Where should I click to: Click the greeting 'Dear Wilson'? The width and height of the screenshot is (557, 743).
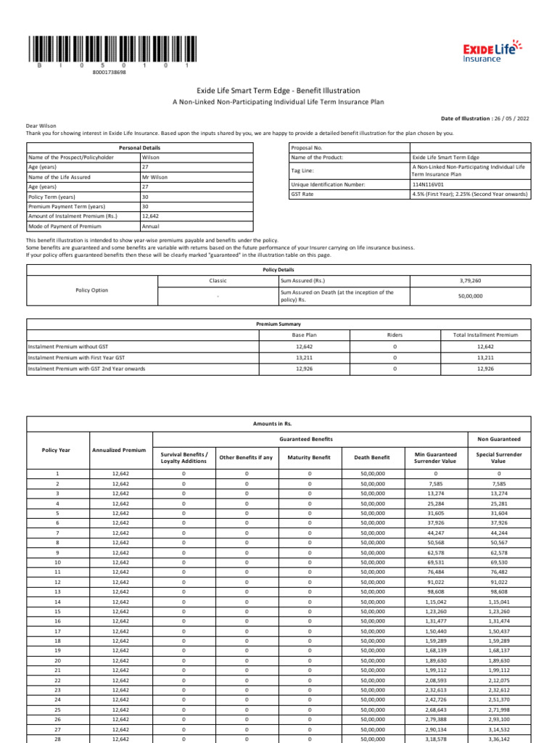pyautogui.click(x=41, y=126)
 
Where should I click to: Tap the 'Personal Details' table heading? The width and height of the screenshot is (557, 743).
pyautogui.click(x=140, y=147)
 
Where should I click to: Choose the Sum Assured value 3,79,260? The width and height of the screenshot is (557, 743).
pyautogui.click(x=471, y=279)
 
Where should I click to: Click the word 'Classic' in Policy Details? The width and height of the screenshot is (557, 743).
pyautogui.click(x=218, y=279)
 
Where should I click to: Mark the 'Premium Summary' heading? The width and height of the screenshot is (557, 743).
pyautogui.click(x=278, y=324)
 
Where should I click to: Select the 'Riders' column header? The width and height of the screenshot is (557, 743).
pyautogui.click(x=395, y=335)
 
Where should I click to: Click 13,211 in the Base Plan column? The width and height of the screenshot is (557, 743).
pyautogui.click(x=305, y=358)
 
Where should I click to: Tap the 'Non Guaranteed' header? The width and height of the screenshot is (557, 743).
pyautogui.click(x=498, y=439)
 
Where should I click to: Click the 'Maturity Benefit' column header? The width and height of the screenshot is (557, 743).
pyautogui.click(x=310, y=458)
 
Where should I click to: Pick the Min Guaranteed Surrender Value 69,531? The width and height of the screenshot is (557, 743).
pyautogui.click(x=435, y=562)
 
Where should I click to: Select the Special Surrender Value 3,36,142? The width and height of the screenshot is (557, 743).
pyautogui.click(x=498, y=739)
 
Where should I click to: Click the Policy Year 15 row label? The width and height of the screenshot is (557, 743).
pyautogui.click(x=57, y=612)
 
